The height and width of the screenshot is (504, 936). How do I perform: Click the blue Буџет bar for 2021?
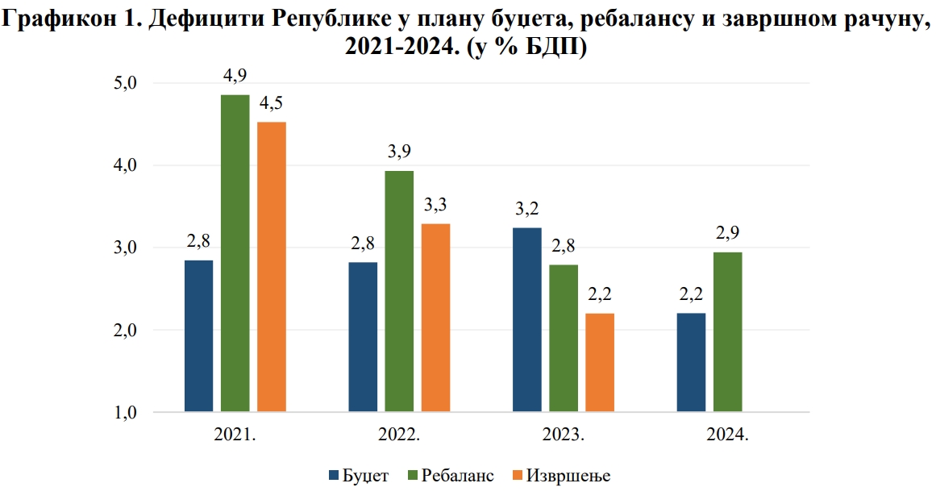(x=199, y=336)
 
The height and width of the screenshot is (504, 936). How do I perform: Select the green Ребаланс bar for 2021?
(x=235, y=254)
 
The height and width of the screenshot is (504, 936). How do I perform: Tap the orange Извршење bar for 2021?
(x=272, y=267)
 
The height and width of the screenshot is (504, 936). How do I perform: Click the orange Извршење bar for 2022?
(x=435, y=318)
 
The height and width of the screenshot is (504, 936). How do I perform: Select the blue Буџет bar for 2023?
(x=527, y=320)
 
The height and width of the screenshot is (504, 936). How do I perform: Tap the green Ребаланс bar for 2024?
(x=728, y=332)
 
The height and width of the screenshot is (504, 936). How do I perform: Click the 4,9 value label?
(x=235, y=76)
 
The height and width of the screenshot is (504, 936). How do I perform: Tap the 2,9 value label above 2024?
(x=728, y=234)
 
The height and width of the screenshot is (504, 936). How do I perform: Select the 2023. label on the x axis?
(x=564, y=435)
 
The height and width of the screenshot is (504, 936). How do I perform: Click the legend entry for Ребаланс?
(x=456, y=475)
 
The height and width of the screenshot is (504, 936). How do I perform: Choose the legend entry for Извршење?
(x=568, y=475)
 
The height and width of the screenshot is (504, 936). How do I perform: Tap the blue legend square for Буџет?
(x=335, y=476)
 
